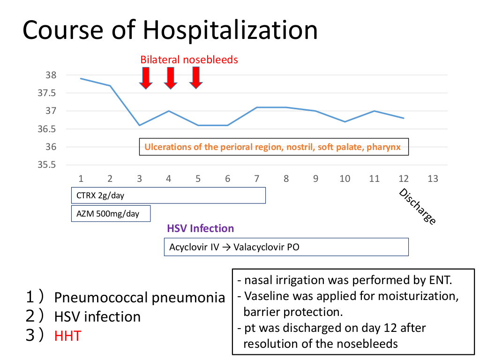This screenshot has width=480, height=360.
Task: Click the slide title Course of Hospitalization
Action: (170, 30)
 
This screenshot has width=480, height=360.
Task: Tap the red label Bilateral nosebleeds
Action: (189, 60)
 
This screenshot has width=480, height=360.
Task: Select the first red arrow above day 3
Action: (146, 78)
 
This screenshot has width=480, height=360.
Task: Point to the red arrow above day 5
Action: (196, 78)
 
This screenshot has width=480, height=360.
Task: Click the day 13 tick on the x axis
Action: (433, 179)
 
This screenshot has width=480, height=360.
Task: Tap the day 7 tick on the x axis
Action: (256, 179)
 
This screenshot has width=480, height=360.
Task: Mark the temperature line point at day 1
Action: (81, 78)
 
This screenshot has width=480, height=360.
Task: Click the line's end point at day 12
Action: (404, 118)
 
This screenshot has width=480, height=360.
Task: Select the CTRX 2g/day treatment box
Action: (168, 195)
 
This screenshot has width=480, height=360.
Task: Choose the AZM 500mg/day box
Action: (111, 213)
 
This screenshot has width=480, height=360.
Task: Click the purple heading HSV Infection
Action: (200, 229)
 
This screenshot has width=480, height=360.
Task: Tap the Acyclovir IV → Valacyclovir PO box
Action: (286, 247)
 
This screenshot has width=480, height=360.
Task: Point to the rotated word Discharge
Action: (418, 206)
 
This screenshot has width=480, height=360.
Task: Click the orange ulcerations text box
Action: (274, 147)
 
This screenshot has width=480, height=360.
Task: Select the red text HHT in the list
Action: (67, 336)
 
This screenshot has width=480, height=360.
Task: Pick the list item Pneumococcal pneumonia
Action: (139, 298)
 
